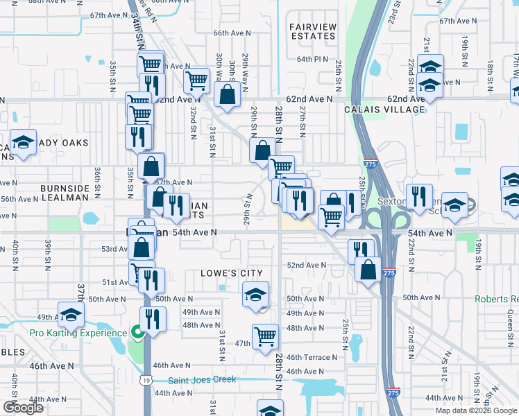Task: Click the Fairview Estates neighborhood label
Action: click(312, 31)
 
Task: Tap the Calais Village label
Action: click(384, 110)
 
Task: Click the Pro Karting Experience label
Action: click(78, 333)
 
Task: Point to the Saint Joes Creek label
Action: click(202, 379)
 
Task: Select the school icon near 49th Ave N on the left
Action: click(71, 315)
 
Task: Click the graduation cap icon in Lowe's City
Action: click(255, 295)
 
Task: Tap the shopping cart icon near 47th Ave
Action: click(265, 337)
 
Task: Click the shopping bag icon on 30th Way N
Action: click(227, 95)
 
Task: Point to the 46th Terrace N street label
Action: click(311, 358)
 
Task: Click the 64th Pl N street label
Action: click(312, 60)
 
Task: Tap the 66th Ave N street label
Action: click(230, 33)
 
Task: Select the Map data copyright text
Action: click(476, 410)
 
